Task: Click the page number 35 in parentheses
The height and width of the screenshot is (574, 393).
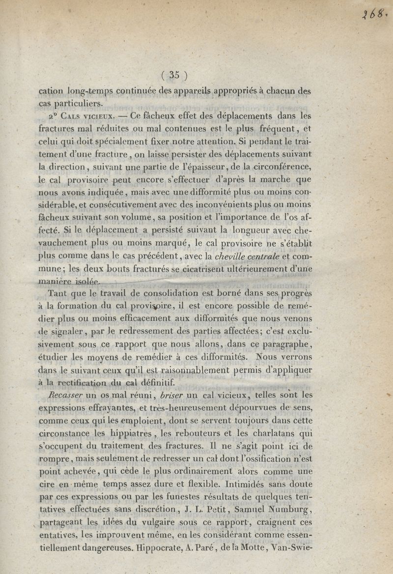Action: coord(174,75)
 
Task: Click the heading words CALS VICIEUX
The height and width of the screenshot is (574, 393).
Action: coord(86,117)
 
